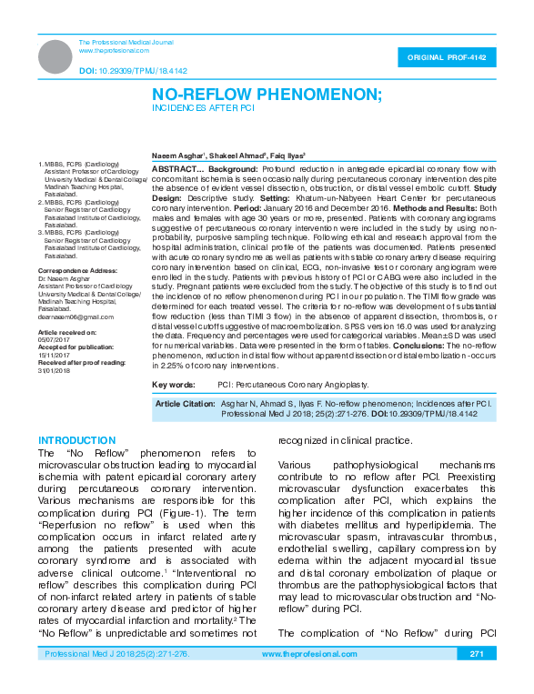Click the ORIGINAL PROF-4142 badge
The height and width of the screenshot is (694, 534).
[446, 57]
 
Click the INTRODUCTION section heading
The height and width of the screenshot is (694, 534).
[72, 440]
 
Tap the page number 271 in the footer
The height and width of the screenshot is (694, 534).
[475, 679]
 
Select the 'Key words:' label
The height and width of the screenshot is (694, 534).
[175, 386]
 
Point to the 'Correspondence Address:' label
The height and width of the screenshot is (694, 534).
[78, 272]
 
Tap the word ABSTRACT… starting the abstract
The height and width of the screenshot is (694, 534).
[177, 169]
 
